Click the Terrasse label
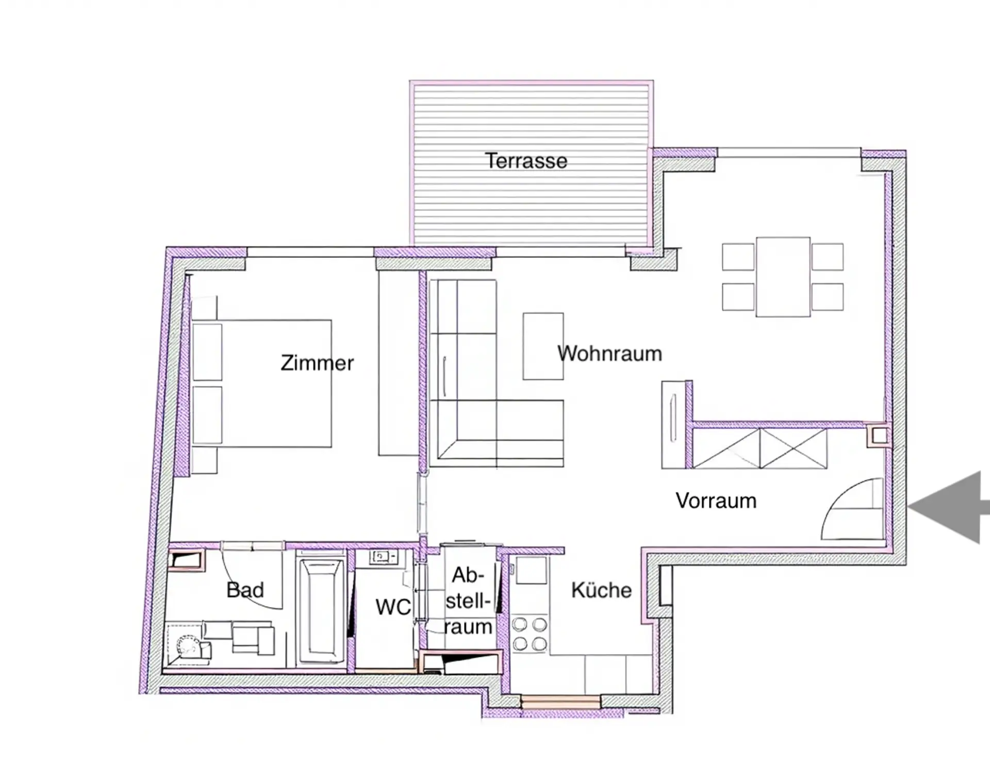[x=526, y=161]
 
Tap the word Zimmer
[x=317, y=363]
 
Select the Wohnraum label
[x=609, y=354]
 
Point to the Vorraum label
[x=716, y=501]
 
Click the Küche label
[x=601, y=590]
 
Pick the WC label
[x=393, y=607]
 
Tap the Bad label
[x=245, y=589]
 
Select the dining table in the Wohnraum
[x=783, y=277]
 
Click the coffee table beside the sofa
[x=543, y=346]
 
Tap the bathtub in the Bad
[x=321, y=611]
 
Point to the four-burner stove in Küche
[x=530, y=634]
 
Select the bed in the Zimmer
[x=261, y=384]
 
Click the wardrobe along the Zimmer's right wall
[x=398, y=363]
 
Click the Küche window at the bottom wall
[x=560, y=702]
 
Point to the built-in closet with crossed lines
[x=760, y=448]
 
